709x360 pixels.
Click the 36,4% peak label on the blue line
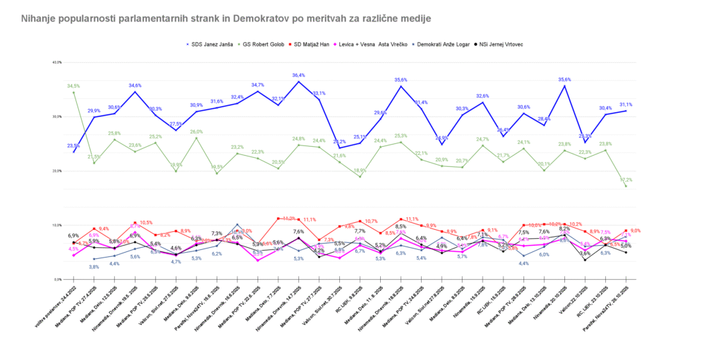(x=299, y=75)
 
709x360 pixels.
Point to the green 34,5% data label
(x=73, y=86)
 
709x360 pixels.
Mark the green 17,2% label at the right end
(x=627, y=179)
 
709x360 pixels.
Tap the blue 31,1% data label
(x=626, y=105)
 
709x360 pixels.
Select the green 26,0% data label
(x=197, y=132)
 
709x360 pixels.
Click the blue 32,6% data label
(x=483, y=96)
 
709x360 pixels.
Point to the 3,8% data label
(x=94, y=267)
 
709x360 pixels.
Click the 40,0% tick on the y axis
(x=57, y=63)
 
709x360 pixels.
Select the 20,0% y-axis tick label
(x=57, y=171)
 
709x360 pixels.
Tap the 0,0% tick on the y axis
(x=57, y=279)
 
